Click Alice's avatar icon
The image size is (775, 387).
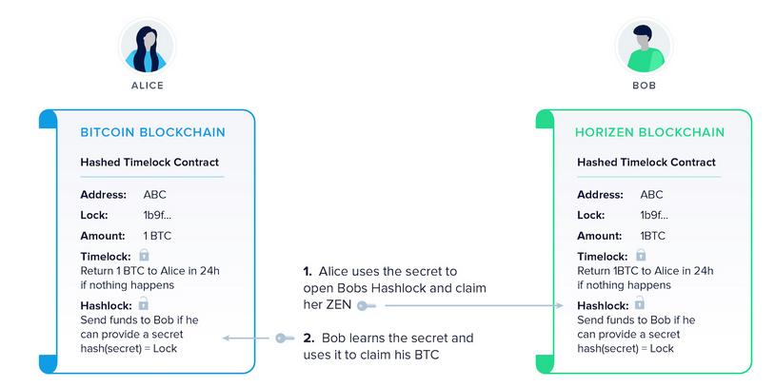[147, 46]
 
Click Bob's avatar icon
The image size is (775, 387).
[644, 46]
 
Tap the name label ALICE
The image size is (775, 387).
[147, 86]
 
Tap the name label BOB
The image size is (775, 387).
[644, 86]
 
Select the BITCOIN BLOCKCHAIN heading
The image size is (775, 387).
[147, 132]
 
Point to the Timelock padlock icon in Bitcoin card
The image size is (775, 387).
[144, 255]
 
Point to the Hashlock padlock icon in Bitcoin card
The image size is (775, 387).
[144, 303]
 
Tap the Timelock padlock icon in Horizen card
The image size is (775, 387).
[641, 255]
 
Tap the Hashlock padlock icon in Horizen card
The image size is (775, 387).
[641, 303]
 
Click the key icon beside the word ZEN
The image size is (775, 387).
[367, 305]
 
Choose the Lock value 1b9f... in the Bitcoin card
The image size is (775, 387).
[158, 215]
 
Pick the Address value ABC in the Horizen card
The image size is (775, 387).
[652, 195]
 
